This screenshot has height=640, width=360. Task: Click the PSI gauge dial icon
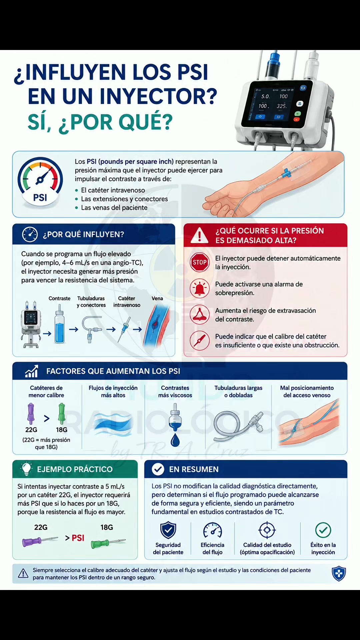click(40, 182)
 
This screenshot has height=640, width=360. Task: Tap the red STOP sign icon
click(199, 262)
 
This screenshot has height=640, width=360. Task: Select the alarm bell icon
click(199, 288)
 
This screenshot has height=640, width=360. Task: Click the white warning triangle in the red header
click(199, 235)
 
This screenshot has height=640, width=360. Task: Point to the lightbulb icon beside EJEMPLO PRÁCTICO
click(26, 469)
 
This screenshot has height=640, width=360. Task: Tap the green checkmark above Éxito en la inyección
click(323, 530)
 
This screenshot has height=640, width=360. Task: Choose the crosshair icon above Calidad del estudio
click(267, 530)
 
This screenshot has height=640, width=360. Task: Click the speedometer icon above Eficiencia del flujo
click(212, 530)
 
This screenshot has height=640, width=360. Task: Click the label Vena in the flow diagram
click(157, 298)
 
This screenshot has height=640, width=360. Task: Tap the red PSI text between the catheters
click(78, 538)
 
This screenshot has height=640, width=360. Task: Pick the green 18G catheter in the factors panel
click(61, 414)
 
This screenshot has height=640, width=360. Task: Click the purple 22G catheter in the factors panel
click(31, 414)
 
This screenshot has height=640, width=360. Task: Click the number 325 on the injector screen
click(282, 106)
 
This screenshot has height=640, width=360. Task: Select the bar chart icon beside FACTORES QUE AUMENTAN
click(32, 371)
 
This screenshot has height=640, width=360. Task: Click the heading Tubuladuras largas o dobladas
click(238, 392)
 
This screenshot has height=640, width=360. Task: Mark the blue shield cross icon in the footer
click(339, 574)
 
